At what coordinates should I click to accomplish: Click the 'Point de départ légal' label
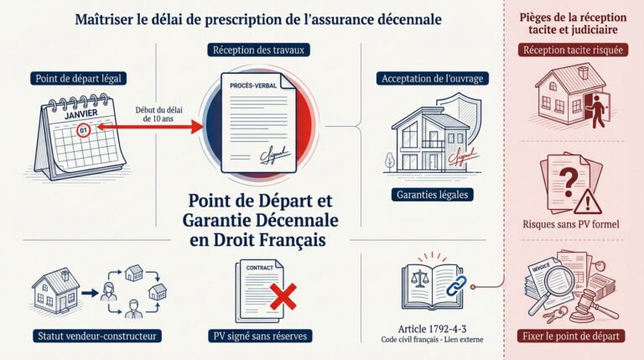click(78, 79)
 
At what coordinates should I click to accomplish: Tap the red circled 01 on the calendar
click(83, 131)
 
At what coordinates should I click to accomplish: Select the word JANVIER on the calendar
click(80, 114)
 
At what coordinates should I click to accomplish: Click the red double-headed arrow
click(150, 127)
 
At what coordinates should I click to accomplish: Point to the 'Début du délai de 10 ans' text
click(158, 114)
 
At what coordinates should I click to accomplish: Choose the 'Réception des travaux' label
click(258, 50)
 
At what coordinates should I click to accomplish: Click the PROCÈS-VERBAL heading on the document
click(253, 86)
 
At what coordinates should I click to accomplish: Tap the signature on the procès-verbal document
click(274, 155)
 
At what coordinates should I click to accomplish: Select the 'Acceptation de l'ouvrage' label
click(433, 79)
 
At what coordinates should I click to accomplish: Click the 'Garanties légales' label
click(432, 195)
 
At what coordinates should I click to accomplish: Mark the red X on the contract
click(283, 296)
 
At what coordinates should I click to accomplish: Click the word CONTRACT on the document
click(260, 268)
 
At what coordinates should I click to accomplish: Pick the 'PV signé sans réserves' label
click(260, 336)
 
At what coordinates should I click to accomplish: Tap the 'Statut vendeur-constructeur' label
click(97, 336)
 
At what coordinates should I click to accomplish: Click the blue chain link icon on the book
click(456, 285)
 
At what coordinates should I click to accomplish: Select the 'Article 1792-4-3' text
click(432, 329)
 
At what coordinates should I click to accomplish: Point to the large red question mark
click(569, 182)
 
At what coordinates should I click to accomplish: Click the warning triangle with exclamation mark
click(588, 201)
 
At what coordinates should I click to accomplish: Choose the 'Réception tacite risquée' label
click(573, 50)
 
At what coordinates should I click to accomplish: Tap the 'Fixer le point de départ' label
click(571, 336)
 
